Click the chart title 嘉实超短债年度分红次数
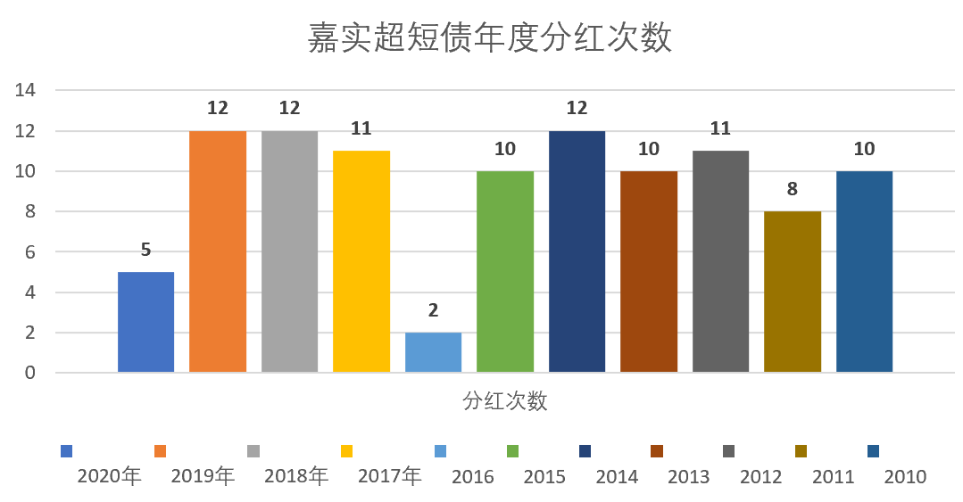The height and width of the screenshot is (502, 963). coord(490,39)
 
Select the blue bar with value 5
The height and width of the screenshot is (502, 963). coord(145,322)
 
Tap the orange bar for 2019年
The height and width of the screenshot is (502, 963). coord(218,251)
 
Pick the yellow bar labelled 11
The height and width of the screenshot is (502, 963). coord(361,261)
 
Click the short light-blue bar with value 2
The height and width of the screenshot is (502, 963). coord(433,352)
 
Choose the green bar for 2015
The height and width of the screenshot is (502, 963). coord(505,271)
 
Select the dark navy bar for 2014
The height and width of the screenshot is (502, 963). coord(577,251)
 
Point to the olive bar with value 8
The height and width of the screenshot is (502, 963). coord(793,292)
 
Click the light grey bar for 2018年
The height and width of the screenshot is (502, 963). coord(289,251)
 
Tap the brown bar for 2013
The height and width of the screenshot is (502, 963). coord(649,271)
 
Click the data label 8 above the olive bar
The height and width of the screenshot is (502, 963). coord(793,189)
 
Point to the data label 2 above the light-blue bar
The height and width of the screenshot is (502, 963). coord(433,310)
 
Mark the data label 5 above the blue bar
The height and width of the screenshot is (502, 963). coord(145,250)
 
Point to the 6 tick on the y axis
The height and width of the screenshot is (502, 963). coord(29,252)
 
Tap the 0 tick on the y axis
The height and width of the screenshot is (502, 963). coord(29,374)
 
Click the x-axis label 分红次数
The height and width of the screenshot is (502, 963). coord(505,401)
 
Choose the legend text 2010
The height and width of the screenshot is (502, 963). coord(905,477)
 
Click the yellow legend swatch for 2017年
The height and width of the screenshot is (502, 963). coord(347,451)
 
